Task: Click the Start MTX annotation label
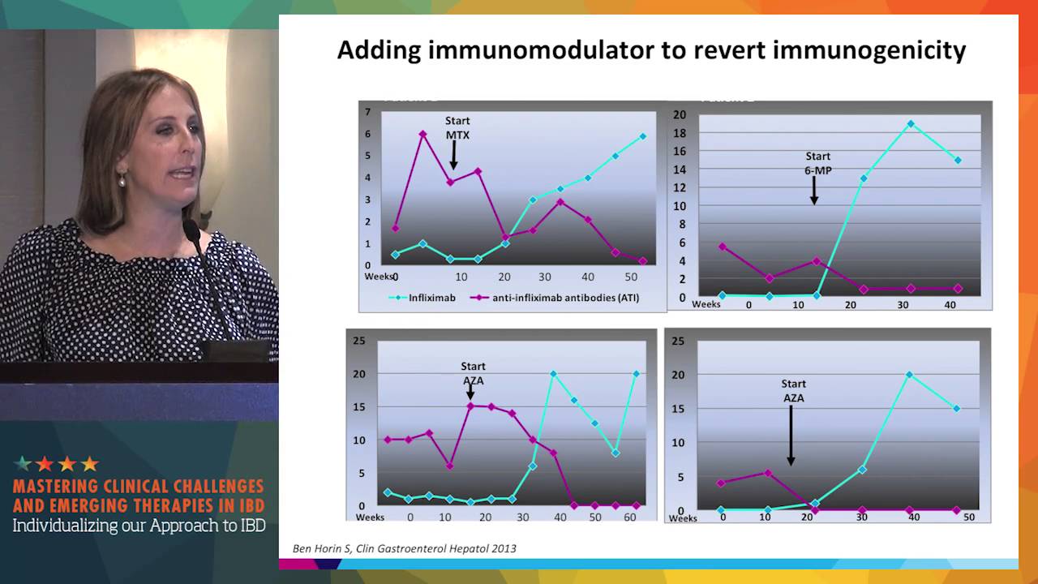coord(457,128)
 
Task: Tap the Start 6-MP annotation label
coord(817,163)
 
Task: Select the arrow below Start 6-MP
coord(814,191)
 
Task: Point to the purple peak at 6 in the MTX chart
coord(422,134)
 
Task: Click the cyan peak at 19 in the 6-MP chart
coord(911,124)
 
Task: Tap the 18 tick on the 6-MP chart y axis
coord(679,133)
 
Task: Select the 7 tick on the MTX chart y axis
coord(367,112)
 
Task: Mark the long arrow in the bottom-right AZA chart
coord(791,434)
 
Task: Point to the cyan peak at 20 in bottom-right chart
coord(909,375)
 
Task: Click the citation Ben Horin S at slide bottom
coord(404,548)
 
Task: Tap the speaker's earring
coord(122,179)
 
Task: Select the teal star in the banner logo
coord(24,464)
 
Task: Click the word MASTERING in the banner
coord(60,487)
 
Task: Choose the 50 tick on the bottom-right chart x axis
coord(968,517)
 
